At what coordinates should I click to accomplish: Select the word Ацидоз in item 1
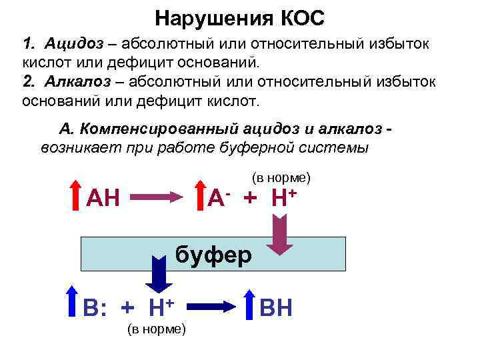click(x=75, y=45)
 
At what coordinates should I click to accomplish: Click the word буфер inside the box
click(x=213, y=254)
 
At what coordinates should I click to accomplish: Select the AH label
click(x=104, y=198)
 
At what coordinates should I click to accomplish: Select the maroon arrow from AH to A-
click(x=155, y=197)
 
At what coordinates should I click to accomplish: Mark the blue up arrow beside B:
click(x=73, y=303)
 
